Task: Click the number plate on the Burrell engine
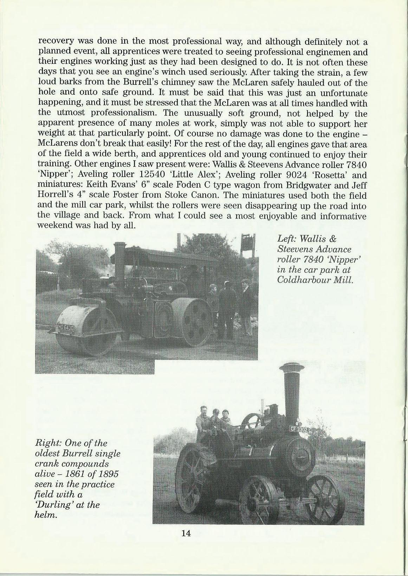[299, 429]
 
